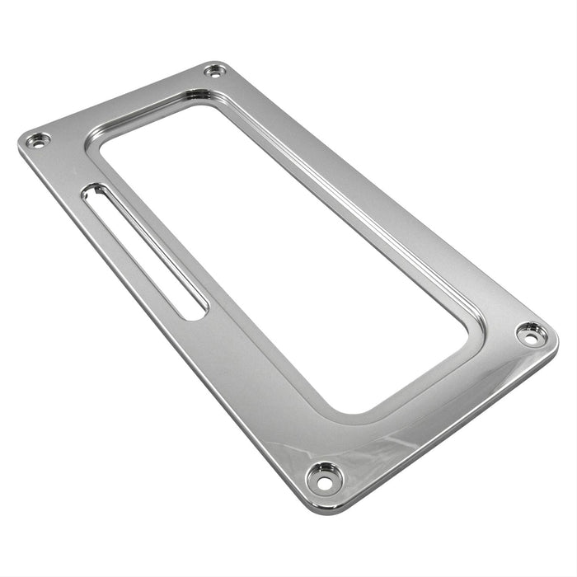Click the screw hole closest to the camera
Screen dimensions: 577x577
tap(324, 475)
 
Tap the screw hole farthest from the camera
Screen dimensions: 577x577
tap(216, 71)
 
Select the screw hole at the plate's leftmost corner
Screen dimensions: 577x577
tap(36, 141)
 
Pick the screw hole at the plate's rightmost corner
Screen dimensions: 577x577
tap(530, 333)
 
